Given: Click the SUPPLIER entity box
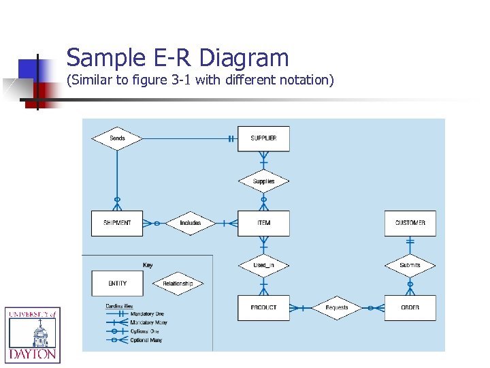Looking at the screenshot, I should click(263, 138).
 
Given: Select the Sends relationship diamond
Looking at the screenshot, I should click(117, 138).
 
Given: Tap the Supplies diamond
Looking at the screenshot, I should click(263, 181).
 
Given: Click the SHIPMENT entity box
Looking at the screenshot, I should click(117, 223).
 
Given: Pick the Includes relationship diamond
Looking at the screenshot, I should click(191, 223).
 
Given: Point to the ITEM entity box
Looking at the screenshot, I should click(263, 223).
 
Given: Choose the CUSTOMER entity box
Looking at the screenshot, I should click(410, 223).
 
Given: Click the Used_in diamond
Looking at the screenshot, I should click(263, 265).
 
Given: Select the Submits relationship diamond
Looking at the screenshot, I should click(410, 265).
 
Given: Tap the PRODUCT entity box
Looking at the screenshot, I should click(263, 307).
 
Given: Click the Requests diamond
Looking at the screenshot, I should click(337, 307).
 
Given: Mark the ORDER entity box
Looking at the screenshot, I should click(410, 307).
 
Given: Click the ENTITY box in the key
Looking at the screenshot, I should click(117, 283).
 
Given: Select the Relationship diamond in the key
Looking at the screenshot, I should click(178, 283).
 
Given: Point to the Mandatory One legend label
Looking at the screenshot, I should click(148, 314).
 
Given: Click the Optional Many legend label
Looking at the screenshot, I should click(146, 340).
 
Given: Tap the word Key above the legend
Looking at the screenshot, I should click(148, 265).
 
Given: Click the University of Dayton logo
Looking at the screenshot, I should click(32, 334).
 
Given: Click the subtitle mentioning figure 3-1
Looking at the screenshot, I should click(200, 80).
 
